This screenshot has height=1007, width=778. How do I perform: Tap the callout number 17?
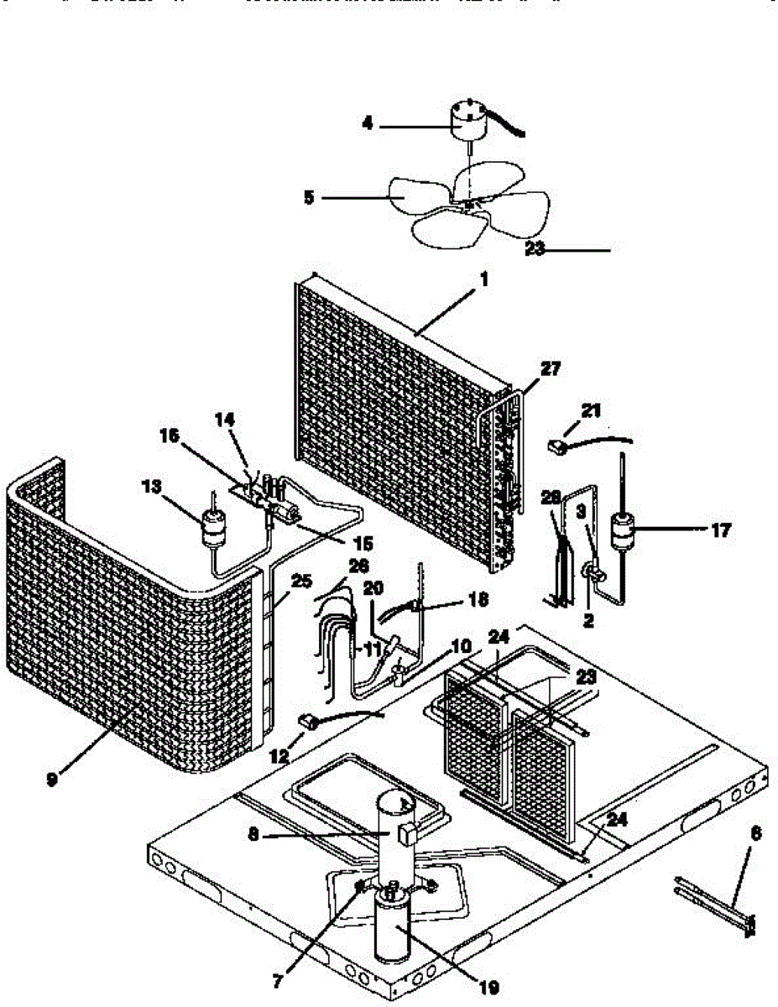[x=720, y=530]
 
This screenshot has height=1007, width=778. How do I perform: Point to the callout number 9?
[x=52, y=778]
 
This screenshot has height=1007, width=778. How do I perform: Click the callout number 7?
[x=278, y=978]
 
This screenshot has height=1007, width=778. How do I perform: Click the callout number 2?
[x=588, y=622]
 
